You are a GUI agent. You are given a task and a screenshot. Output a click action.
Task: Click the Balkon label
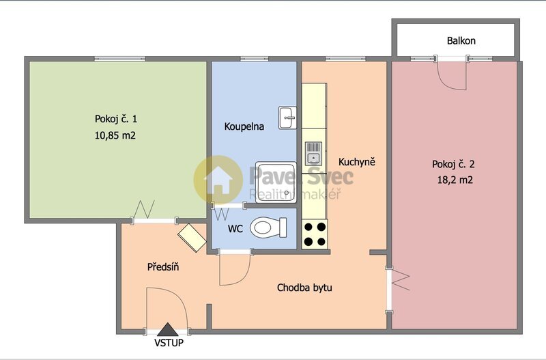click(x=461, y=41)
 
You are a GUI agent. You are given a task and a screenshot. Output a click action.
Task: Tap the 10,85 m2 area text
click(x=115, y=135)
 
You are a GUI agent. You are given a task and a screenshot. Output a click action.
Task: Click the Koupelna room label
click(x=244, y=126)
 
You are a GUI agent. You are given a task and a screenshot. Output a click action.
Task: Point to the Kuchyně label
click(x=357, y=163)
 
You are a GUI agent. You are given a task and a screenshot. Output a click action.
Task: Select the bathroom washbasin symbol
click(x=287, y=117)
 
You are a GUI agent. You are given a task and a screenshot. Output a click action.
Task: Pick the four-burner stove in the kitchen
click(x=314, y=234)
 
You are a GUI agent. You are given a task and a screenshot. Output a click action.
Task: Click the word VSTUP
click(x=169, y=343)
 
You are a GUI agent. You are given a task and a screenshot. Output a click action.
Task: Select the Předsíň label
click(x=163, y=266)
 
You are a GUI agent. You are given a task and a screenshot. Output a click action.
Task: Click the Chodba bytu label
click(x=304, y=288)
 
